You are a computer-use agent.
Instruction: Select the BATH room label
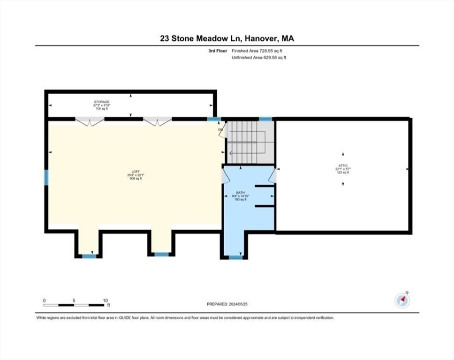pos(240,193)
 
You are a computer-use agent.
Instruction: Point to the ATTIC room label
pos(343,166)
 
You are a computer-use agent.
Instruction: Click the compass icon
pos(402,300)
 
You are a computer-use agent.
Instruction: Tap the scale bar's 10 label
pos(106,300)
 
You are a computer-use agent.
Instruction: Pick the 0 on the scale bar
pos(44,300)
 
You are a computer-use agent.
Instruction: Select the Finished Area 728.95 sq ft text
pos(257,51)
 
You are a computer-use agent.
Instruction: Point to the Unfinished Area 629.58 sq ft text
pos(259,58)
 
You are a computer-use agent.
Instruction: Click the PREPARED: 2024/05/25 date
pos(227,304)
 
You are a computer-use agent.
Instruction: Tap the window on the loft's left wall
pos(46,177)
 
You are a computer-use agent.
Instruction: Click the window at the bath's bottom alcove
pos(235,257)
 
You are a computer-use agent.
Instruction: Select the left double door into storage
pos(90,121)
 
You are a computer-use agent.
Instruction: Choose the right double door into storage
pos(157,121)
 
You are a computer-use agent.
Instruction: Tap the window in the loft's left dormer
pos(89,256)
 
